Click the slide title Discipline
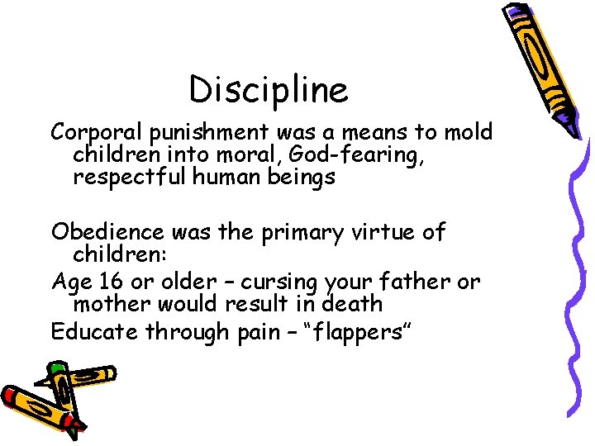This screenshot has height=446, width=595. (x=269, y=89)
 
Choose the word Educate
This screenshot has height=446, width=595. (x=95, y=332)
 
